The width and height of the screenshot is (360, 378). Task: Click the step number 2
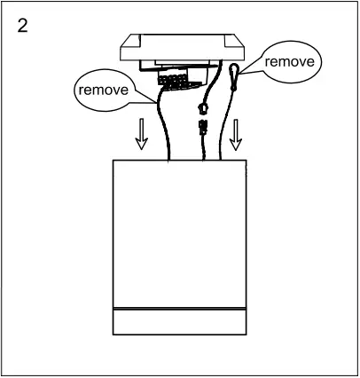[22, 24]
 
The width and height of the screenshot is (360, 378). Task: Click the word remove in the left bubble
[100, 91]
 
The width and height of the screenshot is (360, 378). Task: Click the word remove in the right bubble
[289, 62]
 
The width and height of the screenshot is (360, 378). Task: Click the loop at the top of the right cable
[233, 74]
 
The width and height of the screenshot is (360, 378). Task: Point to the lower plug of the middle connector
[202, 129]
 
